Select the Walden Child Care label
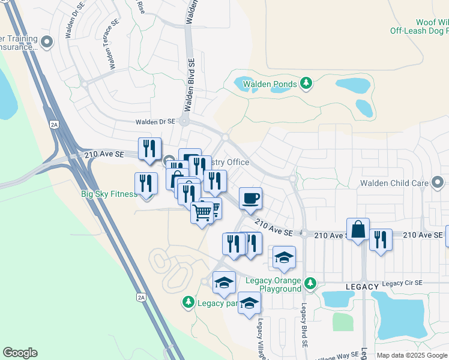coord(394,182)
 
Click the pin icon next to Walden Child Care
coord(438,181)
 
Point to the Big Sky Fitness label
coord(109,194)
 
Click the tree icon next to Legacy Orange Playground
coord(310,282)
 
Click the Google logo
coord(20,353)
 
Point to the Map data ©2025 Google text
coord(412,355)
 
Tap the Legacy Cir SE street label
coord(402,283)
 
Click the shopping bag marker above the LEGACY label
coord(358,230)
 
